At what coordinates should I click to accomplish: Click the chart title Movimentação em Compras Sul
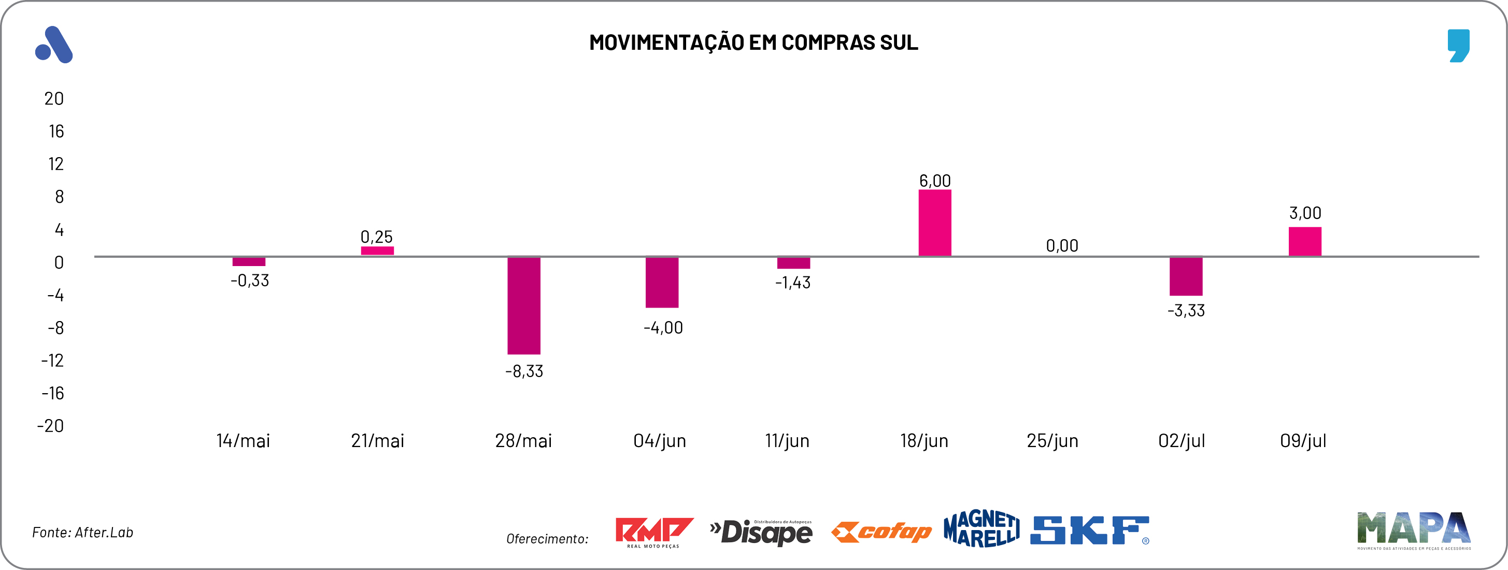[753, 43]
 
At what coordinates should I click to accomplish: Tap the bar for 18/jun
[934, 223]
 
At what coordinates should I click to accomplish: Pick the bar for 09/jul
[1304, 241]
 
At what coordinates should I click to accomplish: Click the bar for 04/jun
[662, 282]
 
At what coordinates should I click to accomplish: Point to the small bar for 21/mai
[377, 251]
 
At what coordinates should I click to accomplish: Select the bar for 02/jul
[1186, 276]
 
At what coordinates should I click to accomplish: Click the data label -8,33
[524, 371]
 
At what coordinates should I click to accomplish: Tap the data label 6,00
[934, 180]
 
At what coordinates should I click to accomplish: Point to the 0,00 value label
[1061, 245]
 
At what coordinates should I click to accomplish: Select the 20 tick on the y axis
[54, 99]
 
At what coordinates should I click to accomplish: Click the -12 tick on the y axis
[52, 360]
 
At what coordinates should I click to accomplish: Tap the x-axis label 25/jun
[1052, 440]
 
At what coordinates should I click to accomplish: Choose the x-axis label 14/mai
[243, 440]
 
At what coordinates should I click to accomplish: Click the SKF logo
[1089, 530]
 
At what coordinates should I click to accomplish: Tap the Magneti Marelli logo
[980, 529]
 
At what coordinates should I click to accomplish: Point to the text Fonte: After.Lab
[82, 533]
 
